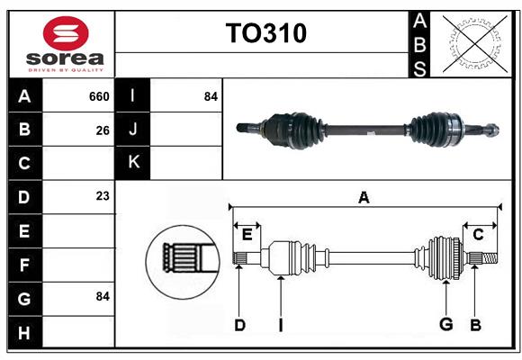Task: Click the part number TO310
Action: (265, 33)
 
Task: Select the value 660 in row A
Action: (99, 96)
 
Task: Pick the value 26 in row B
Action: (103, 130)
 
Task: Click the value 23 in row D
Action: (103, 196)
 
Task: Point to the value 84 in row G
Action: (103, 296)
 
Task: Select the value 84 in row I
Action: (211, 96)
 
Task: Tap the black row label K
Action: (132, 163)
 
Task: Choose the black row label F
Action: (24, 264)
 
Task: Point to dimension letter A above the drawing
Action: (364, 197)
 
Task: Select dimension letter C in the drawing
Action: (478, 235)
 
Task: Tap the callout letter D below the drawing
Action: (239, 325)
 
